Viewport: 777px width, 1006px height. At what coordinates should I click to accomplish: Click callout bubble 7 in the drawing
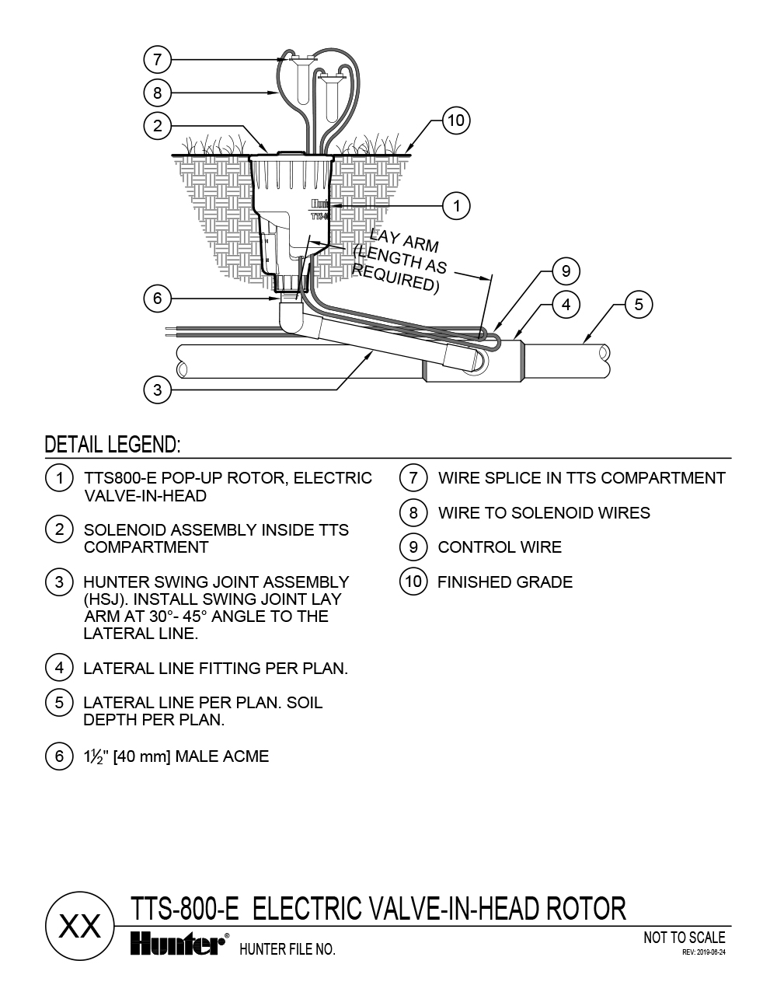click(x=158, y=58)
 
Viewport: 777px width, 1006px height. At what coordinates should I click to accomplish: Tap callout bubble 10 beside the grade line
click(x=456, y=121)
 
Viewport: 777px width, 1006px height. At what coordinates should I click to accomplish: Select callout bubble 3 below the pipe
click(x=158, y=389)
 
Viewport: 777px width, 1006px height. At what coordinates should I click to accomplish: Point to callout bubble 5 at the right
click(x=639, y=304)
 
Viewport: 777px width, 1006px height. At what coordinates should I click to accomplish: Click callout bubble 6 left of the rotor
click(x=158, y=298)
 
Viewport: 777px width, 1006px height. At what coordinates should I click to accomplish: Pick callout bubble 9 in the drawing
click(x=566, y=271)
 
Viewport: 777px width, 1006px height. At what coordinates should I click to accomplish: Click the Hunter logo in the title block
click(x=177, y=944)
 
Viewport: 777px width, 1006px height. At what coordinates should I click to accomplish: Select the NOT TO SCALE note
click(x=685, y=938)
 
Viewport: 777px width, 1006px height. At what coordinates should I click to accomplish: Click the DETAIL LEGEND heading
click(x=113, y=445)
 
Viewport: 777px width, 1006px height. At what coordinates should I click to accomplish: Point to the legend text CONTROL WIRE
click(x=500, y=547)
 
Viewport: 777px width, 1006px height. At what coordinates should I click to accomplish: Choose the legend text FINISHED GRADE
click(x=505, y=582)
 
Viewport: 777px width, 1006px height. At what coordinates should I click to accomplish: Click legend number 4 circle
click(x=59, y=668)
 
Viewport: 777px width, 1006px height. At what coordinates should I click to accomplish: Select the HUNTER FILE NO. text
click(x=287, y=949)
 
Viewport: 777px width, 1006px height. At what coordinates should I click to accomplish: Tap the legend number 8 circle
click(x=413, y=512)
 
